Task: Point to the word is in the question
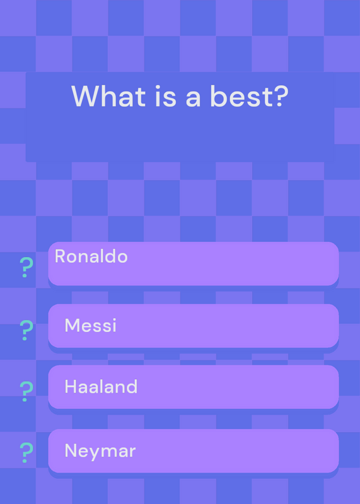[166, 96]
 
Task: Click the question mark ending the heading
[280, 96]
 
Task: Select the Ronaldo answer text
[91, 256]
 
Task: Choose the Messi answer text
[90, 325]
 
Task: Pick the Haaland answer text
[101, 386]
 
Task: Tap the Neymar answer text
[100, 450]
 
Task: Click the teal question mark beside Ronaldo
[26, 267]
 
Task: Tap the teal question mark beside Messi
[26, 330]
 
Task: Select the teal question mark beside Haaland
[26, 391]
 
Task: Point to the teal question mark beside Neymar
[26, 452]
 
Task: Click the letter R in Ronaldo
[60, 256]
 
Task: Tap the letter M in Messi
[72, 325]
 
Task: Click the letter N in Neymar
[71, 450]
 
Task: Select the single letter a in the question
[193, 98]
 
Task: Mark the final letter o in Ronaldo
[122, 258]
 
